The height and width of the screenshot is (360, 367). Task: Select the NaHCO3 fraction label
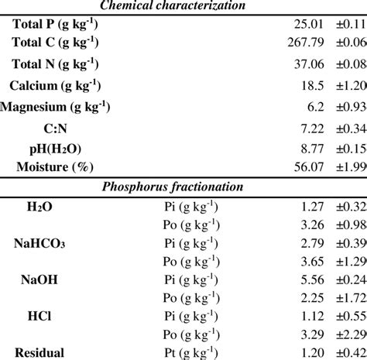(x=39, y=245)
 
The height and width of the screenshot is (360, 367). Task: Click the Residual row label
(x=39, y=354)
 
